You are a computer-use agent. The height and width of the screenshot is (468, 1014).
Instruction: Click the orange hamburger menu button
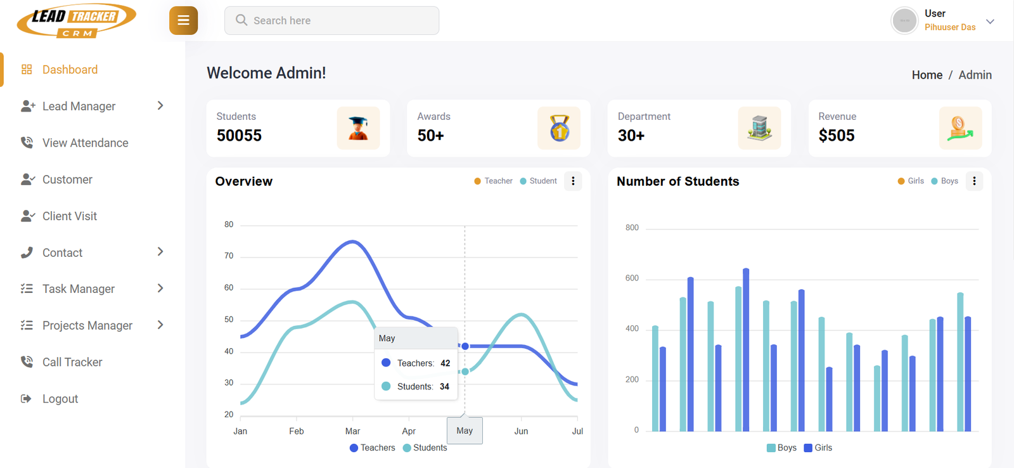[x=183, y=20]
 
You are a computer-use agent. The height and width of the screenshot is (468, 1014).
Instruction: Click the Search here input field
[x=331, y=20]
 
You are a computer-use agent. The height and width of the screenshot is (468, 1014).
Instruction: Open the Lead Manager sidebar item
[x=79, y=106]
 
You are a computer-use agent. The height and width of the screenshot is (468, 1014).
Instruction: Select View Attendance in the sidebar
[x=85, y=143]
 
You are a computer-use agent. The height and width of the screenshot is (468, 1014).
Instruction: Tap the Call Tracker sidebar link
[x=72, y=362]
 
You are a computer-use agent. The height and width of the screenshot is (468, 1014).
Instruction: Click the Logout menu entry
[x=60, y=399]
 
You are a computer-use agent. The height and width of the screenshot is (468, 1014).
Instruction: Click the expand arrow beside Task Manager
[x=160, y=289]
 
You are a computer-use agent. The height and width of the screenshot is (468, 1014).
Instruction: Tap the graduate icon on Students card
[x=358, y=128]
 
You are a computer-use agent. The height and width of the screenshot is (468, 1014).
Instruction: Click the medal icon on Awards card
[x=558, y=128]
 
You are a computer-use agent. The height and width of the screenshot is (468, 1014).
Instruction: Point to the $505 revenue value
[x=836, y=135]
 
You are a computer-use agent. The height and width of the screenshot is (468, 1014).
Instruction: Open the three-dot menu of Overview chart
[x=573, y=181]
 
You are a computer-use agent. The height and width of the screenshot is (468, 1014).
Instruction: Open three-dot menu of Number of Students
[x=974, y=181]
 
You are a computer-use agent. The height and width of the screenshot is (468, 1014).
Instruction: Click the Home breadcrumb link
[x=927, y=75]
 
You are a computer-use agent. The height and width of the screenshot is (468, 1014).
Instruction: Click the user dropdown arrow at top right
[x=990, y=21]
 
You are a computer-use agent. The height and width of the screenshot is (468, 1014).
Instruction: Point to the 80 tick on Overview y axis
[x=229, y=224]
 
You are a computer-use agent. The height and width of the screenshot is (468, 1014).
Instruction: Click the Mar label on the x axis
[x=352, y=431]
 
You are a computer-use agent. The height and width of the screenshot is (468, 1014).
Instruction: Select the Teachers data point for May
[x=465, y=346]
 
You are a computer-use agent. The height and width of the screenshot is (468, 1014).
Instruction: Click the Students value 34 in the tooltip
[x=444, y=386]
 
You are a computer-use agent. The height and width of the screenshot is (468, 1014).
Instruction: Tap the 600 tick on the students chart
[x=632, y=278]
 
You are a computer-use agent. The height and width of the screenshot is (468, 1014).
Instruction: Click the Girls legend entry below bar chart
[x=818, y=448]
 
